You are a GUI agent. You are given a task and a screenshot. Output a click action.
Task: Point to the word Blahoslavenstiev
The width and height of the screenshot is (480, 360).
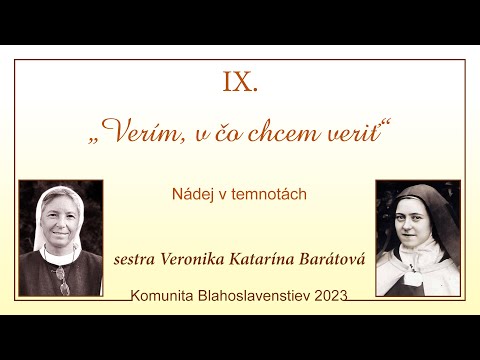pyautogui.click(x=253, y=296)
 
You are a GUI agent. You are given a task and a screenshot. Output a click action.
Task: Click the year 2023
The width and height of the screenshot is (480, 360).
pyautogui.click(x=330, y=296)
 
